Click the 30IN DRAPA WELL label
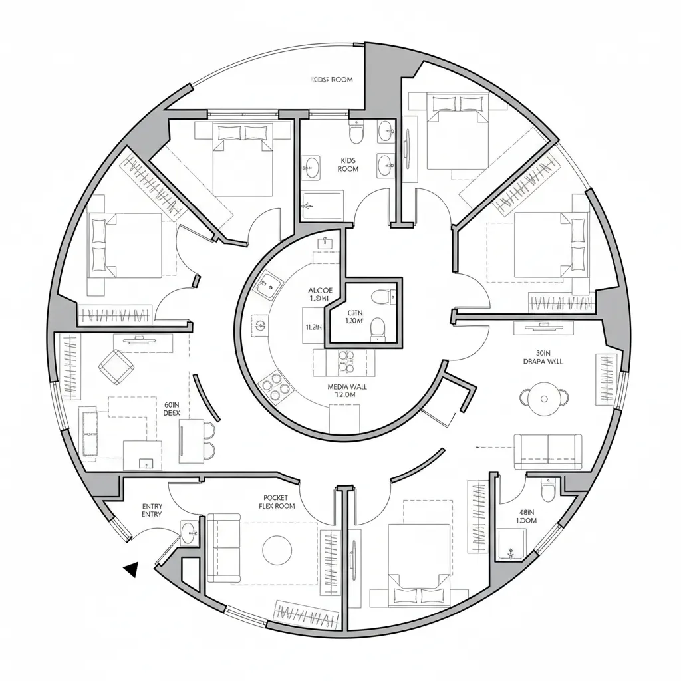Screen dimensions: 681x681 point(543,358)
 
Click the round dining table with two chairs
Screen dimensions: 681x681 point(544,398)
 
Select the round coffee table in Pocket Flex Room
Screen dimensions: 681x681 point(277,549)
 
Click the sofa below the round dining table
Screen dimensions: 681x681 point(548,451)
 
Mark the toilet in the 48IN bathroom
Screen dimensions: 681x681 point(548,492)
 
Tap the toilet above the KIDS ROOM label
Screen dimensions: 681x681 point(357,134)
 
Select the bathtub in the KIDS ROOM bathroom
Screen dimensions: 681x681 point(322,205)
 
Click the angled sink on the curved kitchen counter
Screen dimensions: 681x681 point(270,287)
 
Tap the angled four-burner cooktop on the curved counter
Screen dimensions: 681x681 point(273,386)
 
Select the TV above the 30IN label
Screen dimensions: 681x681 point(539,327)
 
